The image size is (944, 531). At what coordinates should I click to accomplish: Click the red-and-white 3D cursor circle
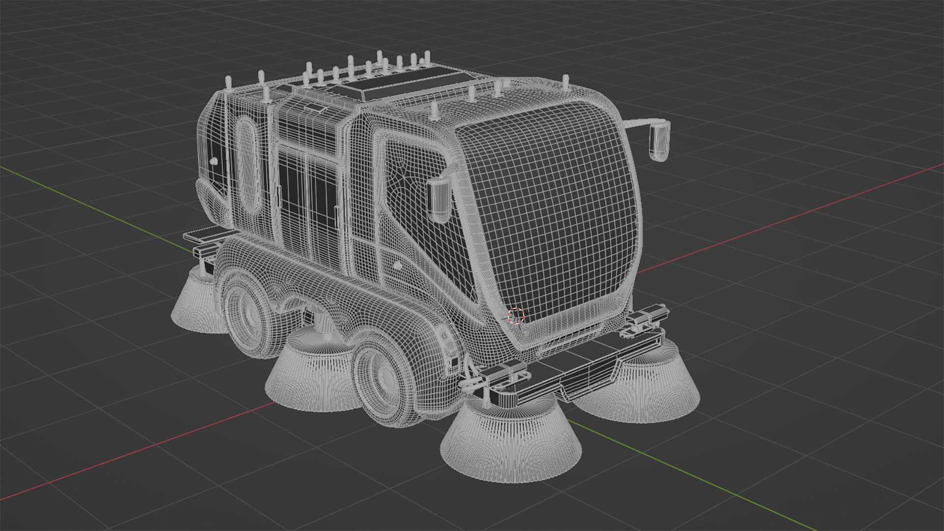tap(516, 316)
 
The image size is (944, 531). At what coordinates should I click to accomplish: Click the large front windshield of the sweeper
tap(551, 211)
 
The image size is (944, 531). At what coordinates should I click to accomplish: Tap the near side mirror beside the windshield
tap(439, 199)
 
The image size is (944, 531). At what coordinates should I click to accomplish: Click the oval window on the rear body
tap(247, 165)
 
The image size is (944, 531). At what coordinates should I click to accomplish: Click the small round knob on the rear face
tap(213, 161)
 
